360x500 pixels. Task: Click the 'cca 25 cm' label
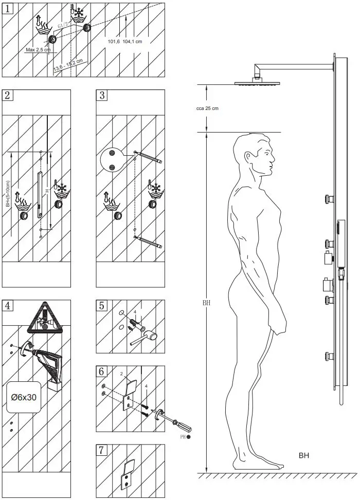208,108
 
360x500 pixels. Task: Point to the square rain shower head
256,82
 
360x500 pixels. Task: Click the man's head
256,157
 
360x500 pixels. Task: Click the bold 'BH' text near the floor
304,455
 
